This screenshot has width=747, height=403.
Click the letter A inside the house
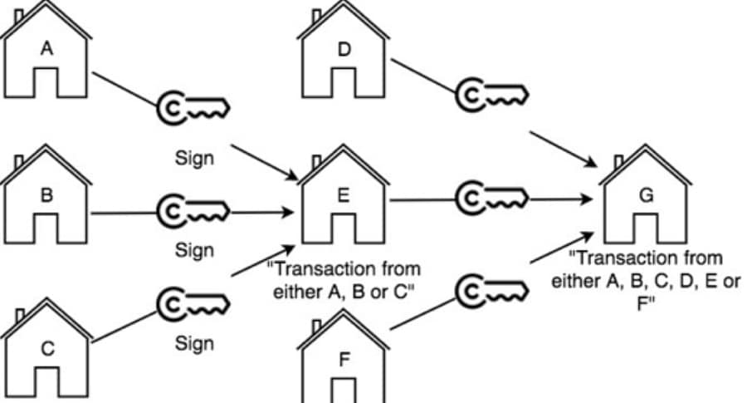(x=47, y=49)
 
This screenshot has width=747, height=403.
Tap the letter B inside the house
(x=47, y=196)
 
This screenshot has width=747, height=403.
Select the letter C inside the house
(x=47, y=349)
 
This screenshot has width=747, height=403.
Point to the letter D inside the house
(x=344, y=49)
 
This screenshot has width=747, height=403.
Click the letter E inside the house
(x=344, y=196)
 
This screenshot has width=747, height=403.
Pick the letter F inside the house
(x=344, y=360)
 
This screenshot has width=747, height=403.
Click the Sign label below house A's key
(x=194, y=158)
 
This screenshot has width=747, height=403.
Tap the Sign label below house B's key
(x=194, y=249)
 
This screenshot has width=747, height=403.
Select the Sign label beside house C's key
(x=194, y=342)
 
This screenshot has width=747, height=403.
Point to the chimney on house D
(x=316, y=16)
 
